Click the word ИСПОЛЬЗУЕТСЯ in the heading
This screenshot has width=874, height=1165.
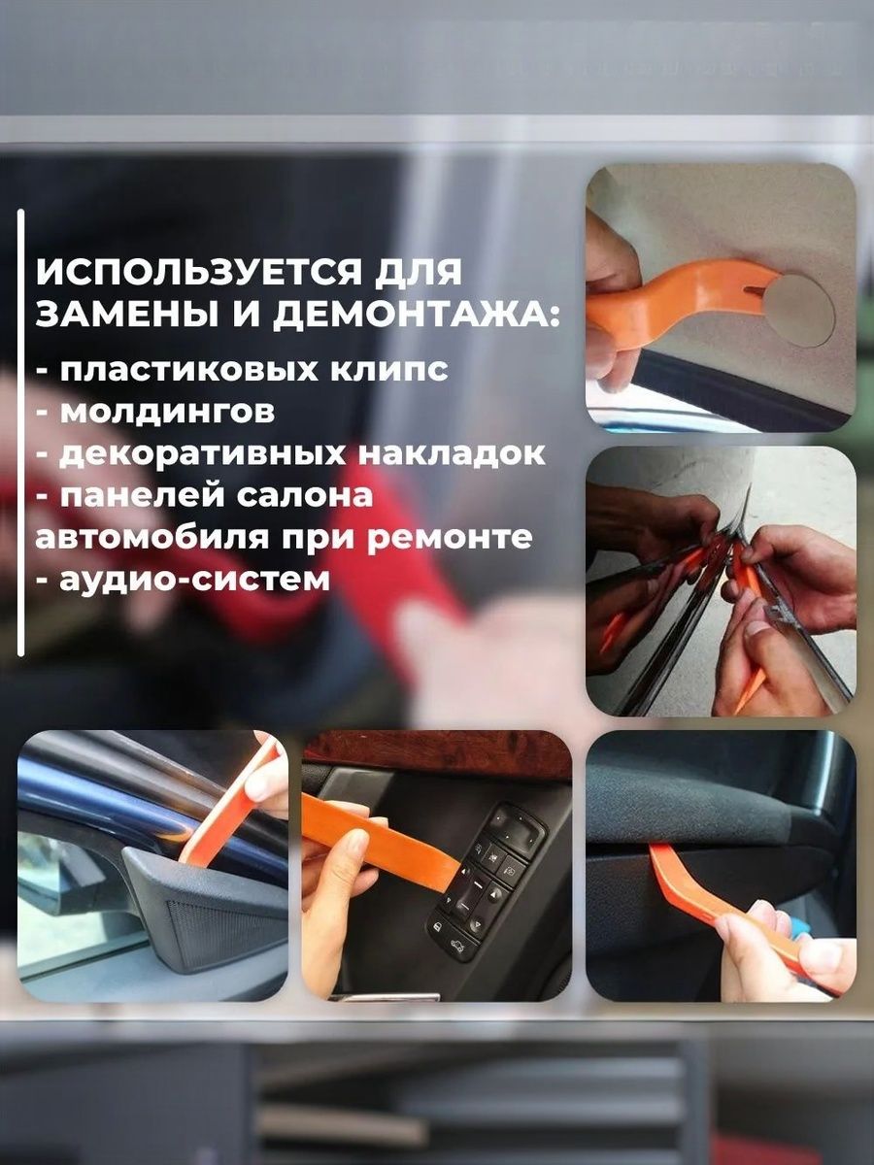tap(192, 273)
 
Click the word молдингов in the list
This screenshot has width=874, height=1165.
tap(167, 412)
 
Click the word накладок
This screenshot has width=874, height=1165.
tap(452, 453)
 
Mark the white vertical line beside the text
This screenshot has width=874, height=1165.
tap(20, 433)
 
